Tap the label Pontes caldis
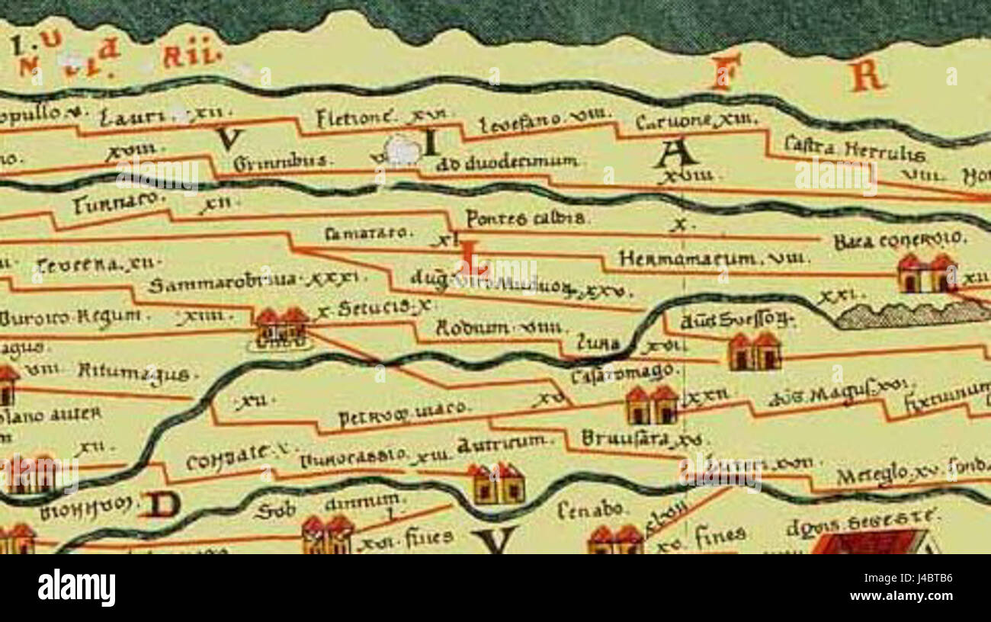(526, 218)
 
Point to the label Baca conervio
(899, 241)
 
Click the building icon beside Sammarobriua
(281, 328)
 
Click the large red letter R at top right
(868, 75)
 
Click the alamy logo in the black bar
(77, 588)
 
